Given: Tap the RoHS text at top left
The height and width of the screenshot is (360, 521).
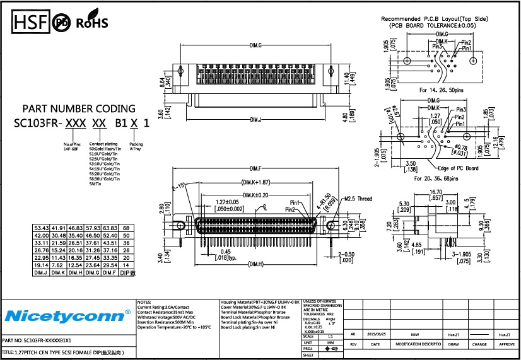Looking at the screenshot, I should tap(92, 23).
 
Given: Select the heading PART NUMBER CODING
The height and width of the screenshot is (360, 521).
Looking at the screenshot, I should tap(79, 108).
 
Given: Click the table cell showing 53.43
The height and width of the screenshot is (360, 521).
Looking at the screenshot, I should tap(42, 227).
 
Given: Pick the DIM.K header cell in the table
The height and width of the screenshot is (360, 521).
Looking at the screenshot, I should tap(59, 273).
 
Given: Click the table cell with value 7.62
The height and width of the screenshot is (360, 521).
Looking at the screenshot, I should tap(59, 265).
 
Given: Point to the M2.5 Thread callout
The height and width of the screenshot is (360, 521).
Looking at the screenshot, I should tap(357, 198).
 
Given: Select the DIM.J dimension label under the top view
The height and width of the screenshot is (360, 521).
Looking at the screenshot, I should tap(256, 119).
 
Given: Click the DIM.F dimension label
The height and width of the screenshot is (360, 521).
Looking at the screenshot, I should tap(255, 168).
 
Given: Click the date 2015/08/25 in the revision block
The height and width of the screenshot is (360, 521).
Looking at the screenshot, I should tap(375, 335).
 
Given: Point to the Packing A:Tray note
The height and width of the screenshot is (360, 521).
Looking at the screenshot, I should tap(136, 147).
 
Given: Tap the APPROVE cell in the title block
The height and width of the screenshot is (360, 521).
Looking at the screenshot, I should tap(506, 345).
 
